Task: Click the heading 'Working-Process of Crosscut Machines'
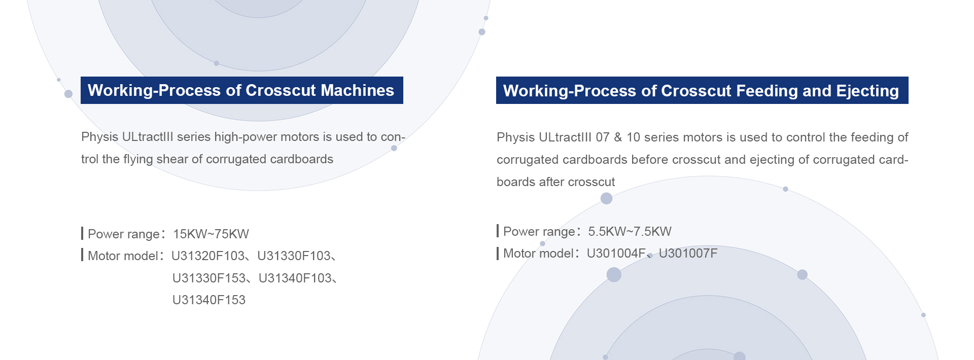[x=241, y=90]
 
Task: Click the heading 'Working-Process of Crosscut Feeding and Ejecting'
[x=701, y=91]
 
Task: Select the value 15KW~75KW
[x=211, y=234]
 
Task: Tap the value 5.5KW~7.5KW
[x=630, y=232]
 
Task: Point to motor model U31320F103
[x=208, y=256]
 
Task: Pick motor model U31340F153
[x=209, y=300]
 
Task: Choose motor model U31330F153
[x=209, y=278]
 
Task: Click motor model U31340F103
[x=295, y=278]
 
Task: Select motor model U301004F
[x=616, y=254]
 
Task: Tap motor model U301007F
[x=688, y=254]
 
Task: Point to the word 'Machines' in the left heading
[x=357, y=90]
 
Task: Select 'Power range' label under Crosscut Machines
[x=124, y=234]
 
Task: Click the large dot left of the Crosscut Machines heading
[x=68, y=94]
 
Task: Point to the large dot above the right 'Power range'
[x=606, y=198]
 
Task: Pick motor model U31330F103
[x=294, y=256]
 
